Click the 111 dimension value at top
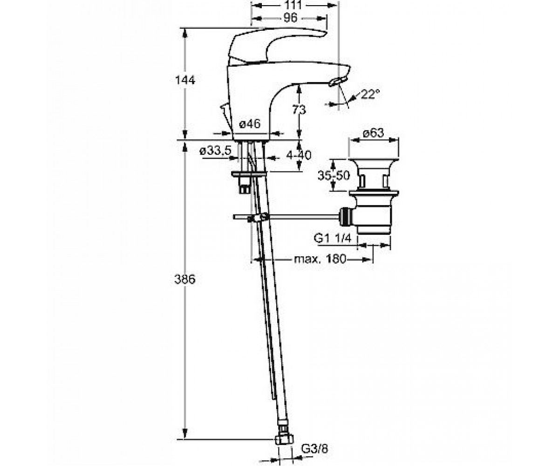[x=293, y=5]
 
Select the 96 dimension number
[x=291, y=18]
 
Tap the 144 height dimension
[x=185, y=80]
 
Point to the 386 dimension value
[x=185, y=279]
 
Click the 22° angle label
[x=370, y=94]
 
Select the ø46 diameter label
[x=250, y=124]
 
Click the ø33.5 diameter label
[x=215, y=151]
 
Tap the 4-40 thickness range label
[x=299, y=155]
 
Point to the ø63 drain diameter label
[x=374, y=133]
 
